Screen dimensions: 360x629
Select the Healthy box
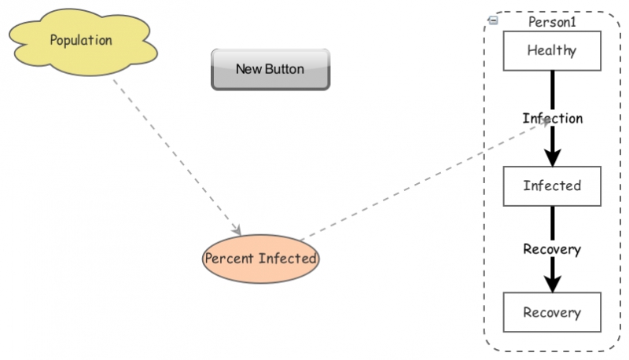pyautogui.click(x=552, y=51)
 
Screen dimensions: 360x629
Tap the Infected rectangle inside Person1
pyautogui.click(x=552, y=186)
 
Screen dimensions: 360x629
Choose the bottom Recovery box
pyautogui.click(x=552, y=312)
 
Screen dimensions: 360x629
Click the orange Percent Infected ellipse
pyautogui.click(x=260, y=258)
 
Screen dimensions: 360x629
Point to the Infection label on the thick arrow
pyautogui.click(x=553, y=119)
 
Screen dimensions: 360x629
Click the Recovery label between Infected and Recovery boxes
pyautogui.click(x=552, y=249)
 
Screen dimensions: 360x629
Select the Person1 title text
pyautogui.click(x=552, y=22)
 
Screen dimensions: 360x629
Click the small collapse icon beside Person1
pyautogui.click(x=493, y=21)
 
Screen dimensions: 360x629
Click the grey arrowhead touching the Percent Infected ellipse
pyautogui.click(x=237, y=230)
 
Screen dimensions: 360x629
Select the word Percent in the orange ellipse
pyautogui.click(x=230, y=258)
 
